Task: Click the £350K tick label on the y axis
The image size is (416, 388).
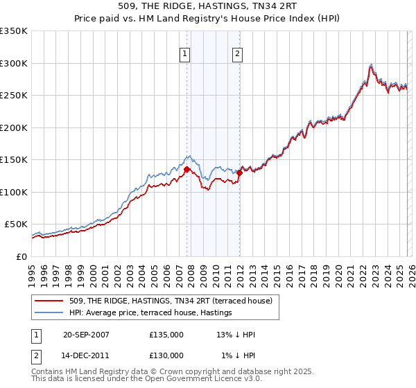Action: (x=14, y=31)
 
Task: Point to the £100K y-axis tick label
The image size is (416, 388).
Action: (x=14, y=192)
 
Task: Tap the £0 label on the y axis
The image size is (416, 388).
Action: (x=22, y=256)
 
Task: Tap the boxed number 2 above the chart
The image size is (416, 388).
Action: (x=237, y=55)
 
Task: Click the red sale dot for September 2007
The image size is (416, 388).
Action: (x=187, y=168)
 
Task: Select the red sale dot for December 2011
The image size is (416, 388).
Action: (x=239, y=173)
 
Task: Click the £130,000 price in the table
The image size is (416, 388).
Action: (x=166, y=355)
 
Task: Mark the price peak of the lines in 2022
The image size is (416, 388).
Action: (x=372, y=64)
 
